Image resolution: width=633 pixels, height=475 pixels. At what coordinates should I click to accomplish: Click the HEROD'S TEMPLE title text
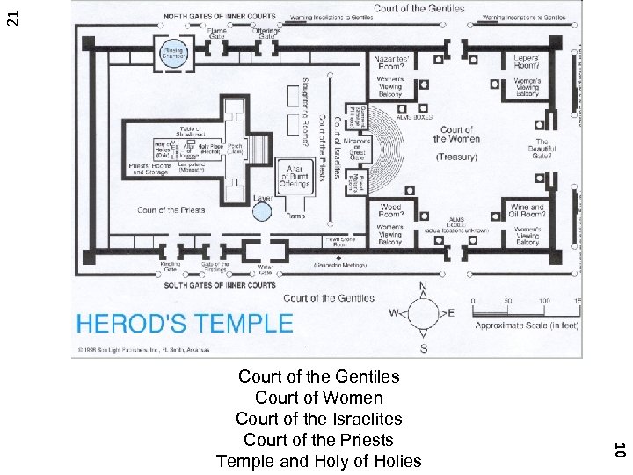(185, 323)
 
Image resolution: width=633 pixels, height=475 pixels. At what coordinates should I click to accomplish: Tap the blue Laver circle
(263, 211)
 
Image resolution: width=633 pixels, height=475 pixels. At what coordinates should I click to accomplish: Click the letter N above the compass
(423, 288)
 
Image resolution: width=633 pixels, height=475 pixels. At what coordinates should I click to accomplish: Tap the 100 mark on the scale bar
(545, 301)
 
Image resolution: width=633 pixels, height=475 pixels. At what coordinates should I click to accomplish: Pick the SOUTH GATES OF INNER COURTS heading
(221, 285)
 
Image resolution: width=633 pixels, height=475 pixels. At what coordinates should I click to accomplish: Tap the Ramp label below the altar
(295, 216)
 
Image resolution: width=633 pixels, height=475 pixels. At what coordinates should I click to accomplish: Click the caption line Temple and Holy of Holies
(319, 461)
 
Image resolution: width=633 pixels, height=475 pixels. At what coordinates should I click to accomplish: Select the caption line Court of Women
(319, 398)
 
